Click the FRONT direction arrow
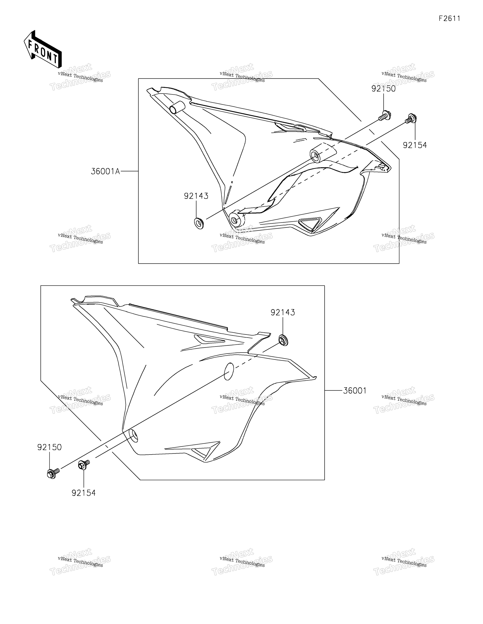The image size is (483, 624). click(43, 49)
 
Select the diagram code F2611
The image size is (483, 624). click(450, 19)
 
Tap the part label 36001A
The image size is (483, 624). click(105, 171)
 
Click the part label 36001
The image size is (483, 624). click(355, 391)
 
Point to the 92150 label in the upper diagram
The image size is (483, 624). click(383, 89)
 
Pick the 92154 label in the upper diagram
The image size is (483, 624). click(415, 145)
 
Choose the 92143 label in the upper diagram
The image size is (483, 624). click(196, 196)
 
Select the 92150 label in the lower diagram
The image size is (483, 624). click(49, 447)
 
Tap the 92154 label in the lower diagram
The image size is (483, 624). click(83, 493)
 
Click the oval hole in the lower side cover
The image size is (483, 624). click(229, 371)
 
